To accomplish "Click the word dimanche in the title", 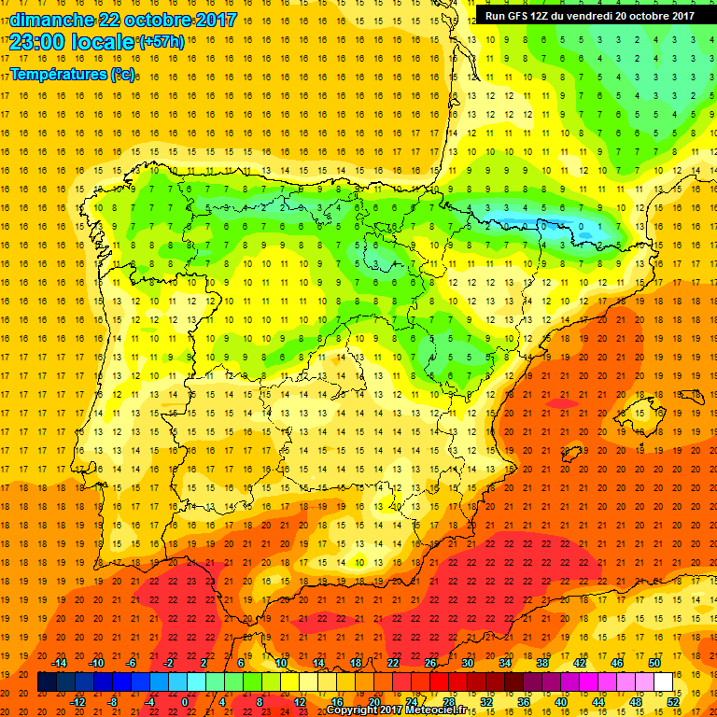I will (50, 20).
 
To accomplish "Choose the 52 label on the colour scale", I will (672, 702).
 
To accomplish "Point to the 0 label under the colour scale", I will (185, 702).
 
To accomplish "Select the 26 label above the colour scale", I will (429, 663).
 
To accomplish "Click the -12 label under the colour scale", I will (77, 702).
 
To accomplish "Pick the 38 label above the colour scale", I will (541, 663).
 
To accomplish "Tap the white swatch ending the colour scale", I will (663, 682).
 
